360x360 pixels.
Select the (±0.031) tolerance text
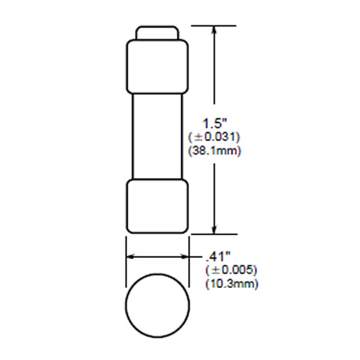coord(215,137)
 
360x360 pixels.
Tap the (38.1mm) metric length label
coord(215,151)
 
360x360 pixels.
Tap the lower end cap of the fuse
coord(157,206)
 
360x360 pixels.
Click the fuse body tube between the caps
coord(157,136)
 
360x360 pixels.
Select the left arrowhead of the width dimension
coord(130,257)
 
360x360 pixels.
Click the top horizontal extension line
coord(213,25)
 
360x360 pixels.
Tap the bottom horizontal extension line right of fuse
coord(213,234)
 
